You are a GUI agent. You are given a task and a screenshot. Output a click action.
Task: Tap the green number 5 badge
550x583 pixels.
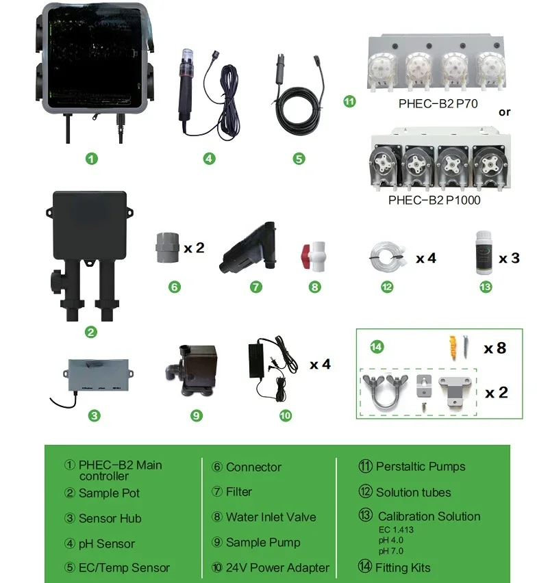(x=299, y=159)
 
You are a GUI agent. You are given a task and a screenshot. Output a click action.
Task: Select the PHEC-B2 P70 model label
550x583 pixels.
(x=438, y=105)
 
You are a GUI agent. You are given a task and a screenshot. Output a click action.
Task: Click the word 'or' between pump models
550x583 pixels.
(x=505, y=112)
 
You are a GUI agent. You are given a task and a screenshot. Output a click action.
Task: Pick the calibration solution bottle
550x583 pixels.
(x=484, y=256)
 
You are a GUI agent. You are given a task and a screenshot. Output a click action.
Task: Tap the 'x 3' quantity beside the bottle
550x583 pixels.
(x=509, y=258)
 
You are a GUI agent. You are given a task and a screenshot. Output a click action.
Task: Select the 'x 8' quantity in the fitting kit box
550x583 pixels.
(x=495, y=348)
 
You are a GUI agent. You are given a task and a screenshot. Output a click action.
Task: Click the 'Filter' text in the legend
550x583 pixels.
(x=239, y=491)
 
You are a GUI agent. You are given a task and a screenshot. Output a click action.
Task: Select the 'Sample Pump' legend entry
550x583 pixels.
(x=263, y=542)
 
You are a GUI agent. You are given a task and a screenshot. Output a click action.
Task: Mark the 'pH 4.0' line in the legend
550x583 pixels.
(x=392, y=539)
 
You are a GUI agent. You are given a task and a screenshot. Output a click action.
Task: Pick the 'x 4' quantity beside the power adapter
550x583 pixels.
(x=320, y=365)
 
